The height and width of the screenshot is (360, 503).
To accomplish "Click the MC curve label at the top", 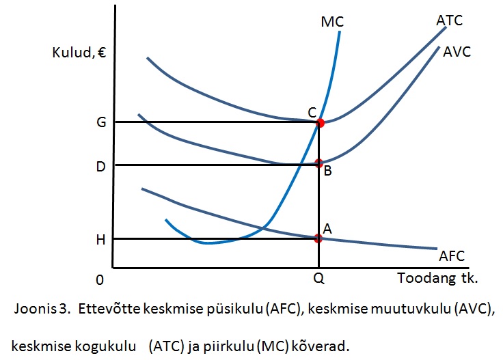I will tap(331, 23).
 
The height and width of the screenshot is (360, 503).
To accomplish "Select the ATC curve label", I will tap(449, 20).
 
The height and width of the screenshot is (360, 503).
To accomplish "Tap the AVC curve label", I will tap(457, 51).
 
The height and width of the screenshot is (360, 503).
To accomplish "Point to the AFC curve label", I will tap(452, 256).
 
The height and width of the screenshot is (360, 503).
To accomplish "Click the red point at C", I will tap(320, 123).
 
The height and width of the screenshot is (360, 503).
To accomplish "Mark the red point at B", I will tap(318, 163).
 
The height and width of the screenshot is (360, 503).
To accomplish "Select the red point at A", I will tap(318, 238).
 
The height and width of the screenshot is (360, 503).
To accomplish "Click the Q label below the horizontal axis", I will tap(318, 280).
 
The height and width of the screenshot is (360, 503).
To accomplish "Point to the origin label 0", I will tap(100, 280).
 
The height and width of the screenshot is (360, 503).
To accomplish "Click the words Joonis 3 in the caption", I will tap(42, 308).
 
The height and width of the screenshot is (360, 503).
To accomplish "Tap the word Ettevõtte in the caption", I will tap(107, 308).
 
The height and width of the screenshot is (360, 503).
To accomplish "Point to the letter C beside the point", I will tap(311, 111).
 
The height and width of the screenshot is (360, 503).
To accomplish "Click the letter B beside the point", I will tap(327, 171).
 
